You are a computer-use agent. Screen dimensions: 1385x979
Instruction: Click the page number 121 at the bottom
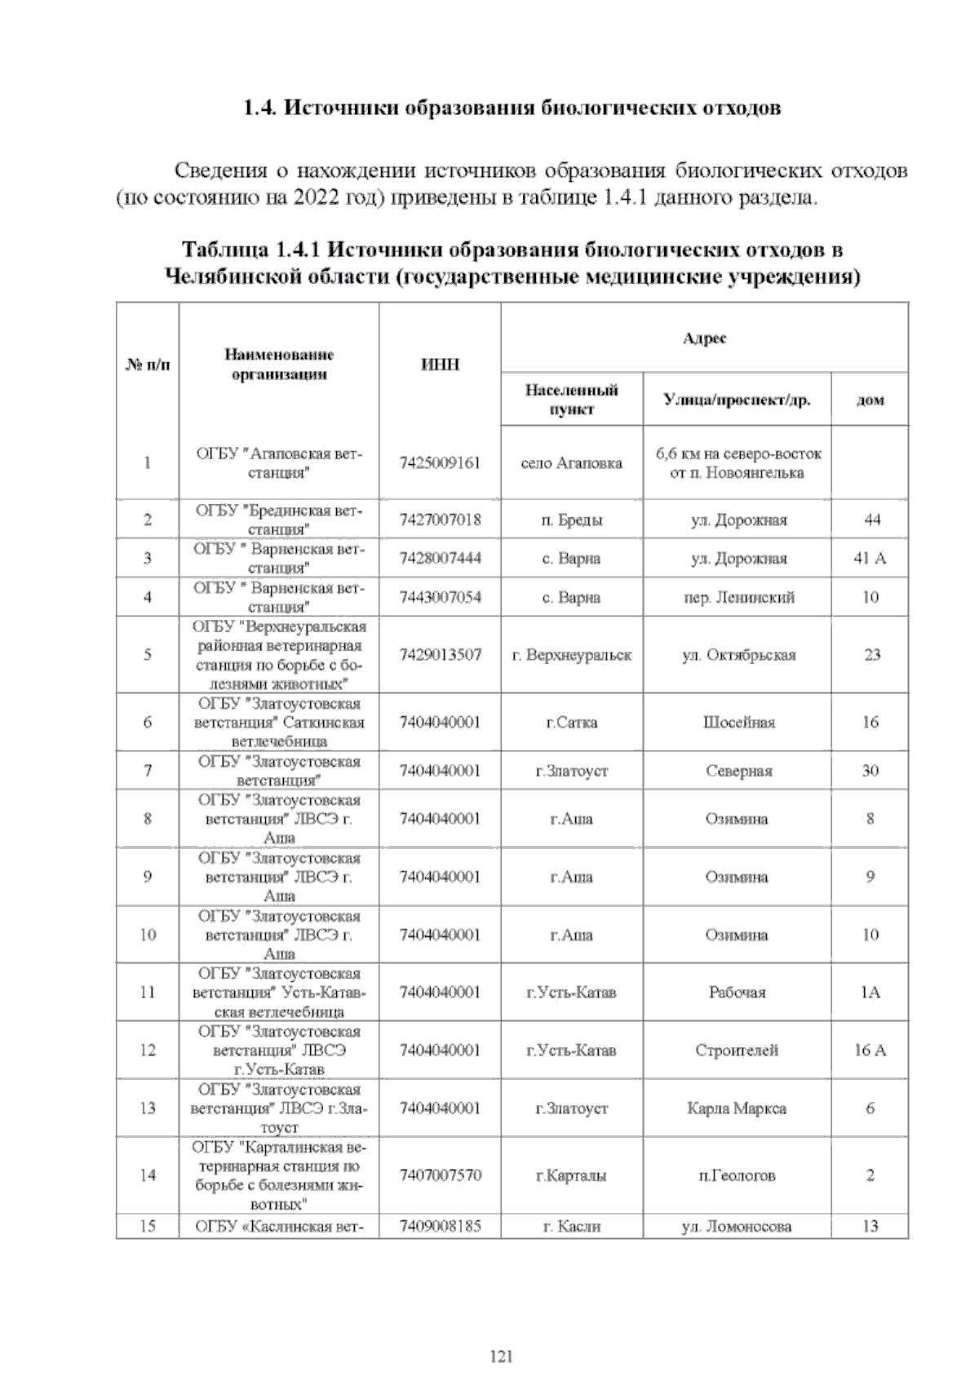pyautogui.click(x=501, y=1356)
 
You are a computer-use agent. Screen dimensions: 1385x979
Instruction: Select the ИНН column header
pyautogui.click(x=440, y=365)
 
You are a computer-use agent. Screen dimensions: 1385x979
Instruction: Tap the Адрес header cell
pyautogui.click(x=704, y=338)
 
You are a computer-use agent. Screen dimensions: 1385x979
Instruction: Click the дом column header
pyautogui.click(x=870, y=400)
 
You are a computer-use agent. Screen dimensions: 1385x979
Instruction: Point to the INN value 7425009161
pyautogui.click(x=440, y=463)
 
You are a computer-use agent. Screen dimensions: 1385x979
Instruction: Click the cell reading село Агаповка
pyautogui.click(x=571, y=463)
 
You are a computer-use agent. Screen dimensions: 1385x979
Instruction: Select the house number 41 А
pyautogui.click(x=870, y=559)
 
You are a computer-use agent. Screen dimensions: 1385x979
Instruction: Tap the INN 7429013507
pyautogui.click(x=440, y=655)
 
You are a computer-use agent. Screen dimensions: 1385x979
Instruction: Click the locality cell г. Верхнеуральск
pyautogui.click(x=571, y=655)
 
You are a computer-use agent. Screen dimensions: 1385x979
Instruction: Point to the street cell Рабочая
pyautogui.click(x=737, y=993)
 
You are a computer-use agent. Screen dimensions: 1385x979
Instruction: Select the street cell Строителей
pyautogui.click(x=737, y=1051)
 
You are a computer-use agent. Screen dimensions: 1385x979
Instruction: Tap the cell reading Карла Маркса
pyautogui.click(x=737, y=1108)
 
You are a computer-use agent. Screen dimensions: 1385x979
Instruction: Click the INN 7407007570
pyautogui.click(x=440, y=1175)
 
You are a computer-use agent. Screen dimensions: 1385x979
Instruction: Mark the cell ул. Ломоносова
pyautogui.click(x=737, y=1227)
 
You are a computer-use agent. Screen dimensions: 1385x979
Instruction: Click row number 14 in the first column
pyautogui.click(x=148, y=1175)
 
